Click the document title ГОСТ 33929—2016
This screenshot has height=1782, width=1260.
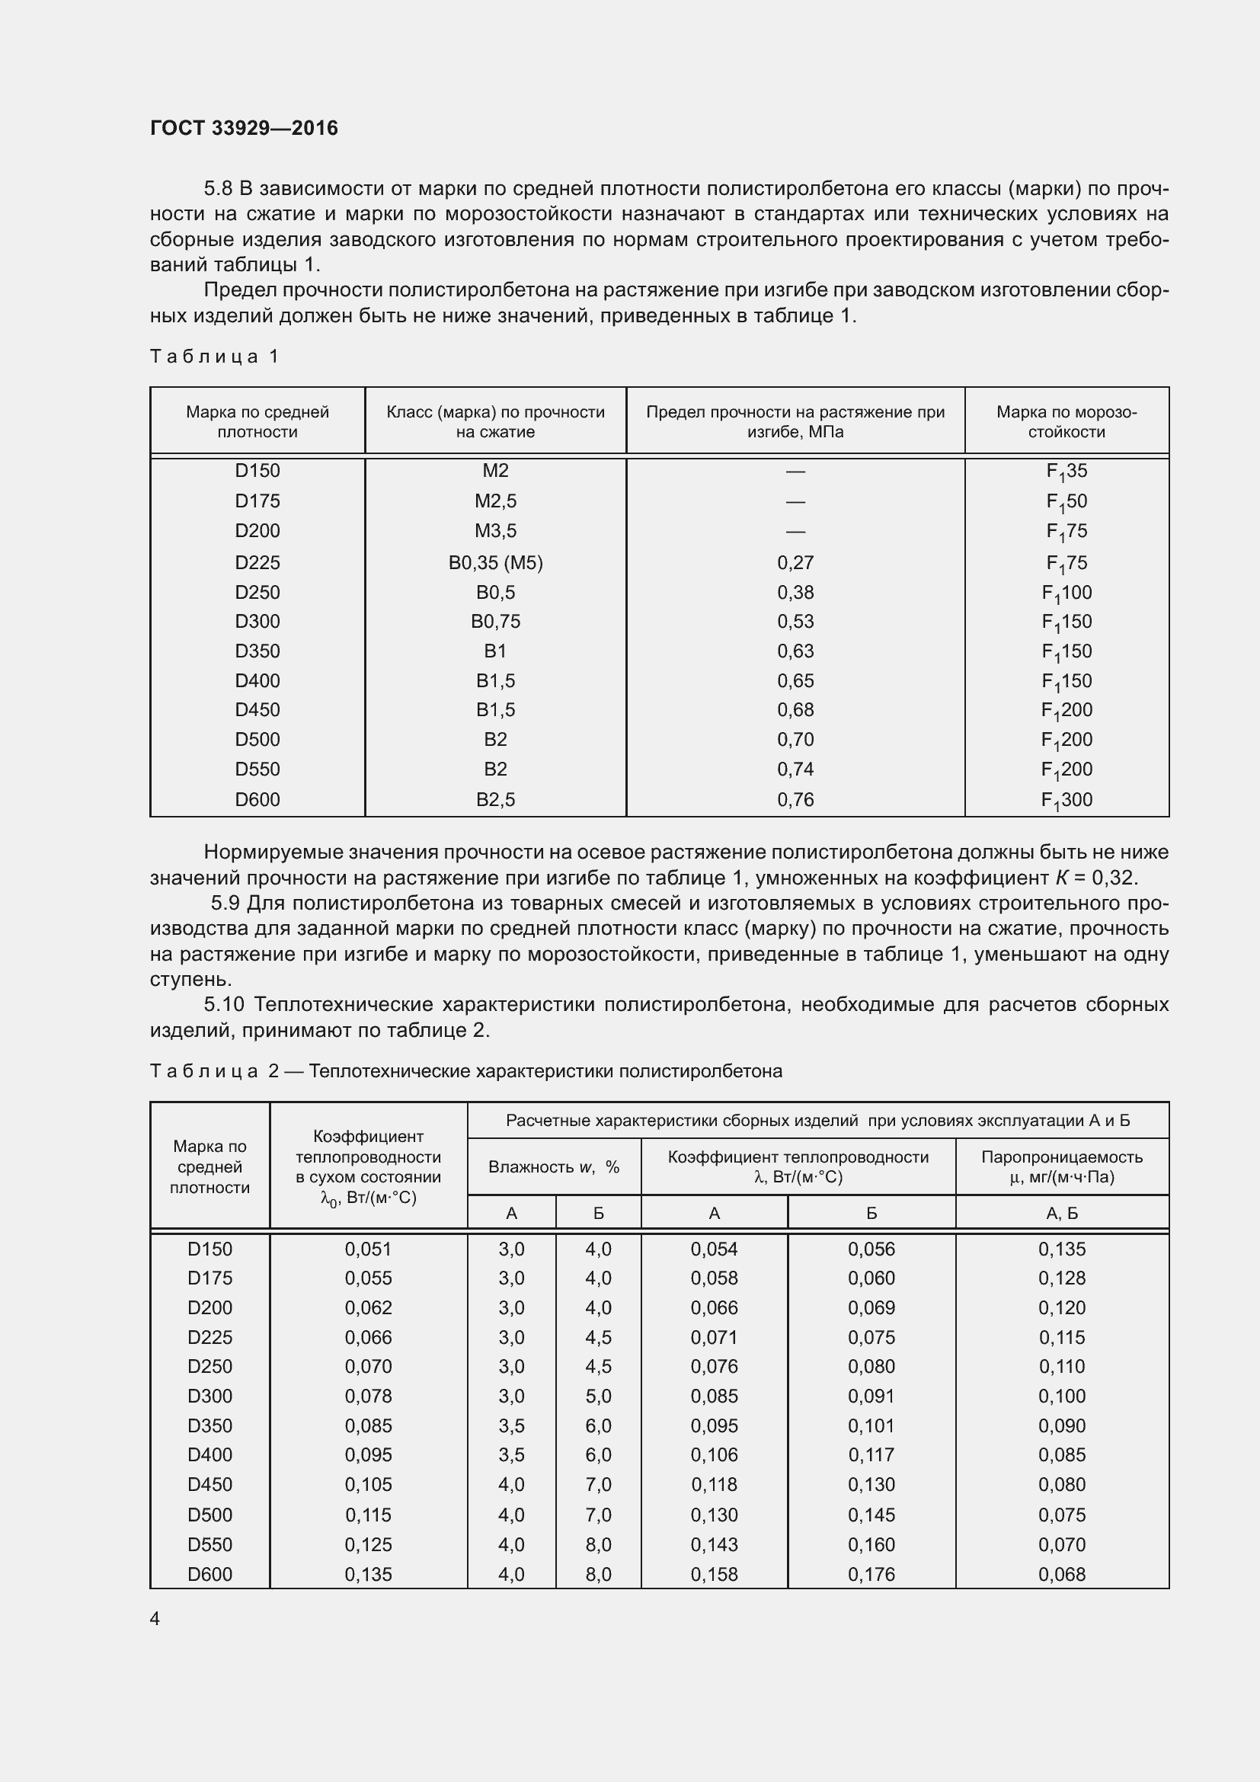(x=244, y=128)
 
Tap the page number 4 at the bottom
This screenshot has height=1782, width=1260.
(x=155, y=1618)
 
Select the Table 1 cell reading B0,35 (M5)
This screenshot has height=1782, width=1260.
(x=495, y=563)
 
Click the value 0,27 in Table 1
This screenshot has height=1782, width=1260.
(x=795, y=563)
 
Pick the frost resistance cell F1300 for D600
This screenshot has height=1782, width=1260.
(x=1066, y=800)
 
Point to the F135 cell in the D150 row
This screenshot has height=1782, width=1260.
(x=1066, y=471)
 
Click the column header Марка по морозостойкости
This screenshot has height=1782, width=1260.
(x=1066, y=421)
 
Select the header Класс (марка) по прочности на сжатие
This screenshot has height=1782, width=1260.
(x=495, y=421)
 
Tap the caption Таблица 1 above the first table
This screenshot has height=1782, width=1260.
(x=214, y=357)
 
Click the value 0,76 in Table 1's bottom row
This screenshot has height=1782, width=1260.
(x=795, y=800)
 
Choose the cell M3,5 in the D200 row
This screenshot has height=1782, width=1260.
(x=495, y=531)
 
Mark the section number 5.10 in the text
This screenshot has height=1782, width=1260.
(x=224, y=1005)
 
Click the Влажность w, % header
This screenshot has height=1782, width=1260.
(x=553, y=1166)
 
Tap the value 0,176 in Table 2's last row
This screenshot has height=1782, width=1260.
(x=871, y=1574)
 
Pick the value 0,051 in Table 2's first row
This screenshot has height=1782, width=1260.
(x=368, y=1249)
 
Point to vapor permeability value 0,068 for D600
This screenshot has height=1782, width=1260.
(x=1061, y=1574)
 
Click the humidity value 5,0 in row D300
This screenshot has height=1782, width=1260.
(x=598, y=1396)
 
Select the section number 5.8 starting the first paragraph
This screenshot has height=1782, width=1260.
(x=217, y=189)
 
